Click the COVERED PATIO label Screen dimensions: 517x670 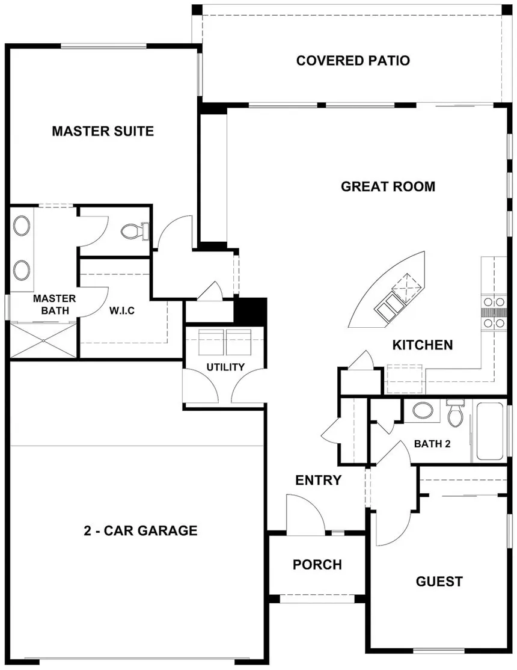(x=353, y=61)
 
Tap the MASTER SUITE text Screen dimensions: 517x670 (x=103, y=131)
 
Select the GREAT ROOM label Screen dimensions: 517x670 (x=388, y=186)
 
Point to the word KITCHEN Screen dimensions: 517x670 (x=423, y=345)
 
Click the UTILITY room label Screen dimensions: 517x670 (x=225, y=367)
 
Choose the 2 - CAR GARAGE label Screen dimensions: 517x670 (x=141, y=530)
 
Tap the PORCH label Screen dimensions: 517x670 (x=317, y=565)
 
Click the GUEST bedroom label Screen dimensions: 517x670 (x=439, y=582)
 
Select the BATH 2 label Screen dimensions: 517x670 (x=432, y=444)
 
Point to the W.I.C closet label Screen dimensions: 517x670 (x=122, y=311)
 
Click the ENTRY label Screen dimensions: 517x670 (x=319, y=481)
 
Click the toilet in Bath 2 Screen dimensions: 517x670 (x=455, y=413)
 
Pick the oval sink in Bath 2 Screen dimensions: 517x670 (x=423, y=411)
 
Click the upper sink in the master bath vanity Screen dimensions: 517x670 (x=22, y=226)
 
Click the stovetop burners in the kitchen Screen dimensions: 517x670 (x=494, y=313)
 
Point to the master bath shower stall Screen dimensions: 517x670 (x=43, y=340)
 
